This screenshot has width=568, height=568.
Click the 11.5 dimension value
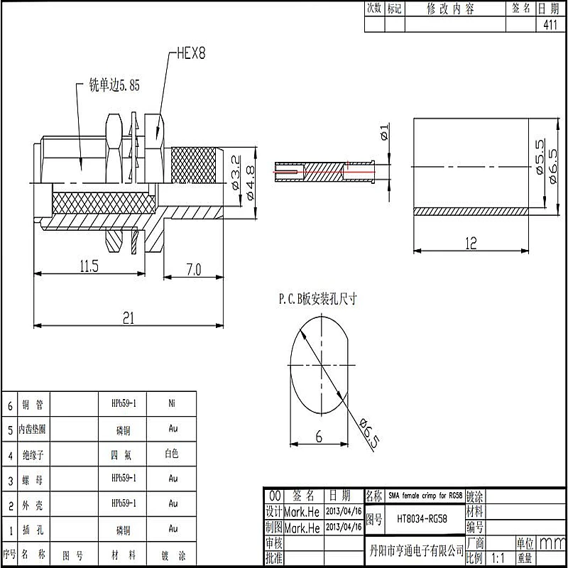(89, 266)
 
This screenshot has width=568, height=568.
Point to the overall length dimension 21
(128, 318)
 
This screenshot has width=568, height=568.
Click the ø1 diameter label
(384, 133)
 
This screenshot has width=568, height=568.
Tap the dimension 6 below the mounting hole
(319, 437)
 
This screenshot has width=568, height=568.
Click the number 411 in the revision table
(549, 24)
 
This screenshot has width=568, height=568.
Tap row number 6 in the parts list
(10, 405)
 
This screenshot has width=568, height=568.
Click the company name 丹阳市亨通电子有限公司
(417, 551)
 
